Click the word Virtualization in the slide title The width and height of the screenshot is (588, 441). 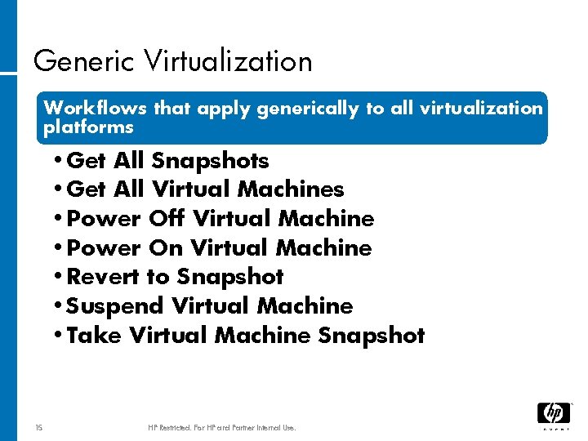(228, 62)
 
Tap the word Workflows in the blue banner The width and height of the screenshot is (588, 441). (94, 108)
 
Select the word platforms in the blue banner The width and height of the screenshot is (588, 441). (88, 127)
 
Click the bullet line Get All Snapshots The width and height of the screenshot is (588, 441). (167, 160)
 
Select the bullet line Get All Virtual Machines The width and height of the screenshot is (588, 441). (204, 189)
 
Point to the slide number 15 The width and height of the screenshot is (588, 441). (40, 427)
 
